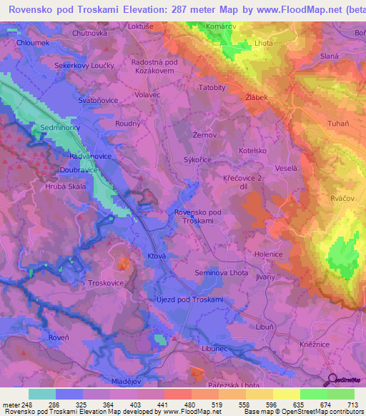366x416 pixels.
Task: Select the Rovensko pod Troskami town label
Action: pos(197,217)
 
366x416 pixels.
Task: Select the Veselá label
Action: pos(286,168)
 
